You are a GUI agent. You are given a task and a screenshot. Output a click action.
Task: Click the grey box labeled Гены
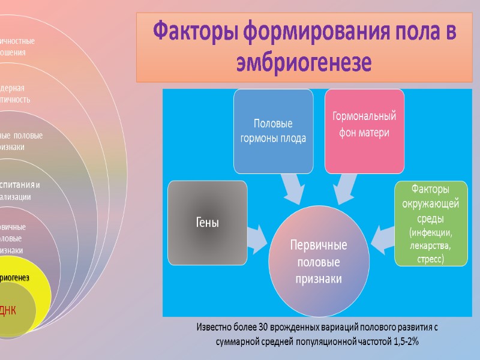(208, 223)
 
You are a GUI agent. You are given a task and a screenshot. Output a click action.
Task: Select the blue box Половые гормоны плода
(273, 131)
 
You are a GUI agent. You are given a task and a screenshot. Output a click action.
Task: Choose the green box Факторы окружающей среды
(430, 223)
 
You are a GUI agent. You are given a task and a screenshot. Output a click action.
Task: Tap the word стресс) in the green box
(430, 259)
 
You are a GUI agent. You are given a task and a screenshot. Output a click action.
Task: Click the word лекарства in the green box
(430, 245)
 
